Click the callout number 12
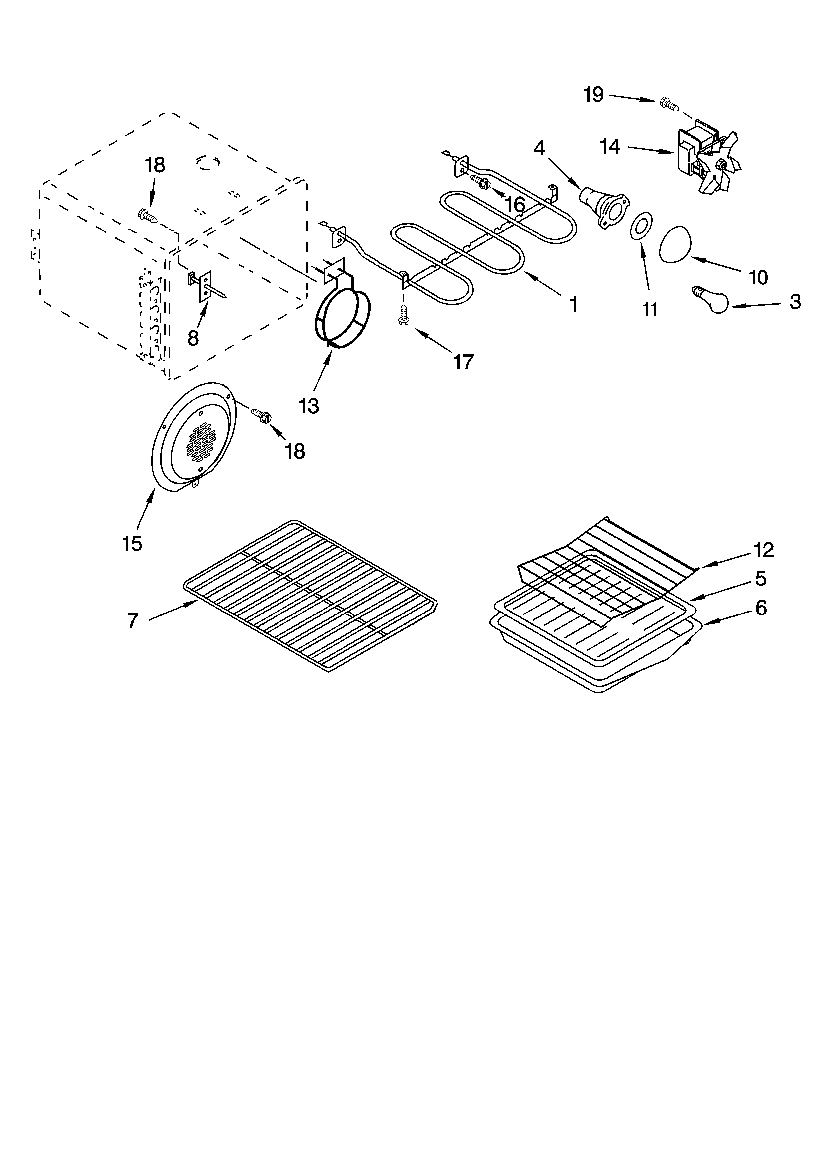764,550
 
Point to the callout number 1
573,305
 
